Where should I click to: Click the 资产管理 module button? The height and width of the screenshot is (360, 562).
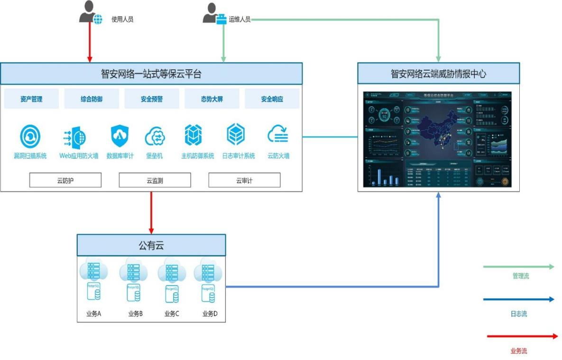pyautogui.click(x=31, y=99)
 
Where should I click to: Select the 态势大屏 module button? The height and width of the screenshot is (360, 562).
pyautogui.click(x=212, y=99)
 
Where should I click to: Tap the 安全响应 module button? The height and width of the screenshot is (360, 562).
pyautogui.click(x=272, y=99)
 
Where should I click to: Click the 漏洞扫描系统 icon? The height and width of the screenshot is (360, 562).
pyautogui.click(x=30, y=136)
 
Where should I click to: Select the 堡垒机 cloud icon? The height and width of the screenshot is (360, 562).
pyautogui.click(x=155, y=136)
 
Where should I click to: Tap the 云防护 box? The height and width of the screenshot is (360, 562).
pyautogui.click(x=65, y=180)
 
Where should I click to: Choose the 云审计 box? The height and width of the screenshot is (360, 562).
pyautogui.click(x=244, y=180)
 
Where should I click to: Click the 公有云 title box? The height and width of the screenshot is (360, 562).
pyautogui.click(x=151, y=245)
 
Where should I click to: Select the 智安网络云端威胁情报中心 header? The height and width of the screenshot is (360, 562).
pyautogui.click(x=438, y=74)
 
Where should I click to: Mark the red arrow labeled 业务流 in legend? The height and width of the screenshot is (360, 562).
pyautogui.click(x=522, y=336)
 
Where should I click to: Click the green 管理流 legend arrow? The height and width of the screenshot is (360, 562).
pyautogui.click(x=518, y=267)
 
